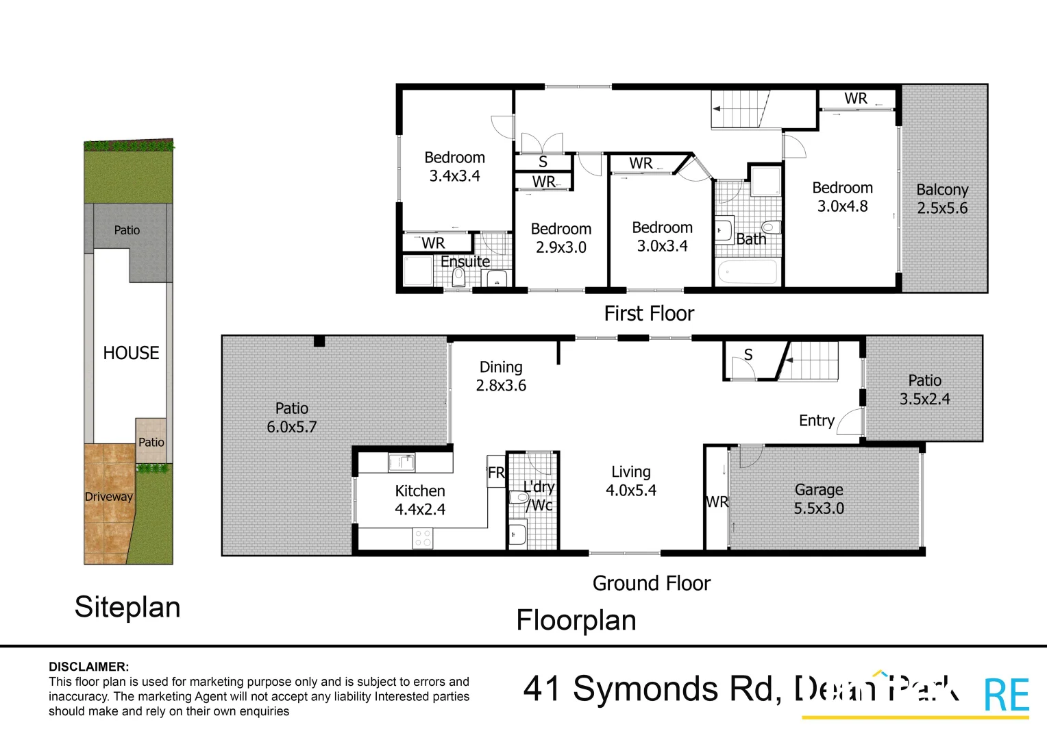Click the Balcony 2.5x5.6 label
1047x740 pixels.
[942, 199]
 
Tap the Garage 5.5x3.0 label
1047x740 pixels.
[819, 499]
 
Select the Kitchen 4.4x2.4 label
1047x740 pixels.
[419, 500]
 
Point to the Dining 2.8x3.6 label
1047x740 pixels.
[501, 376]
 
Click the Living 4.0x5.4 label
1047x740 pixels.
[630, 481]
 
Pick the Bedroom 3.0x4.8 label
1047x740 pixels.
[842, 197]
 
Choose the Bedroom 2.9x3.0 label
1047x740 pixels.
[561, 238]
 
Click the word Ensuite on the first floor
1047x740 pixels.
[465, 262]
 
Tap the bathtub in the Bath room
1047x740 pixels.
[747, 272]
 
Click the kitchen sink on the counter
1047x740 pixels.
[402, 463]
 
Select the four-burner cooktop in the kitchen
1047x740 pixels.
[423, 538]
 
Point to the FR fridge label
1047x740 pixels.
[496, 473]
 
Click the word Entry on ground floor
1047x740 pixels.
[816, 421]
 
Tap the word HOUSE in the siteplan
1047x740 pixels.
[131, 353]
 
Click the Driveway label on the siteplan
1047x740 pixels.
[108, 497]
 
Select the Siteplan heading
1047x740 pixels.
[127, 607]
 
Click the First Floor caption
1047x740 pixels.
[649, 314]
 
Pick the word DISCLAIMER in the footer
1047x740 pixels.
[88, 667]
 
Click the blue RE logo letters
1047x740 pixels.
[1006, 695]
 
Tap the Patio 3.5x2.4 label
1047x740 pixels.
[924, 389]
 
